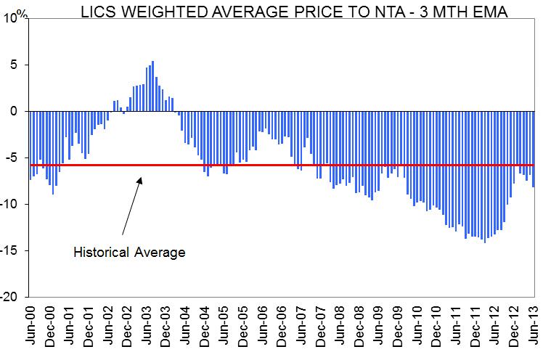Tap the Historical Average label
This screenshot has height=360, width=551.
coord(130,253)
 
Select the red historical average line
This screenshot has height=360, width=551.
coord(290,165)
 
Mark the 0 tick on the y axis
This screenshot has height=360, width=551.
coord(20,112)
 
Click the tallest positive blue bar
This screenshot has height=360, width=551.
coord(152,86)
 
